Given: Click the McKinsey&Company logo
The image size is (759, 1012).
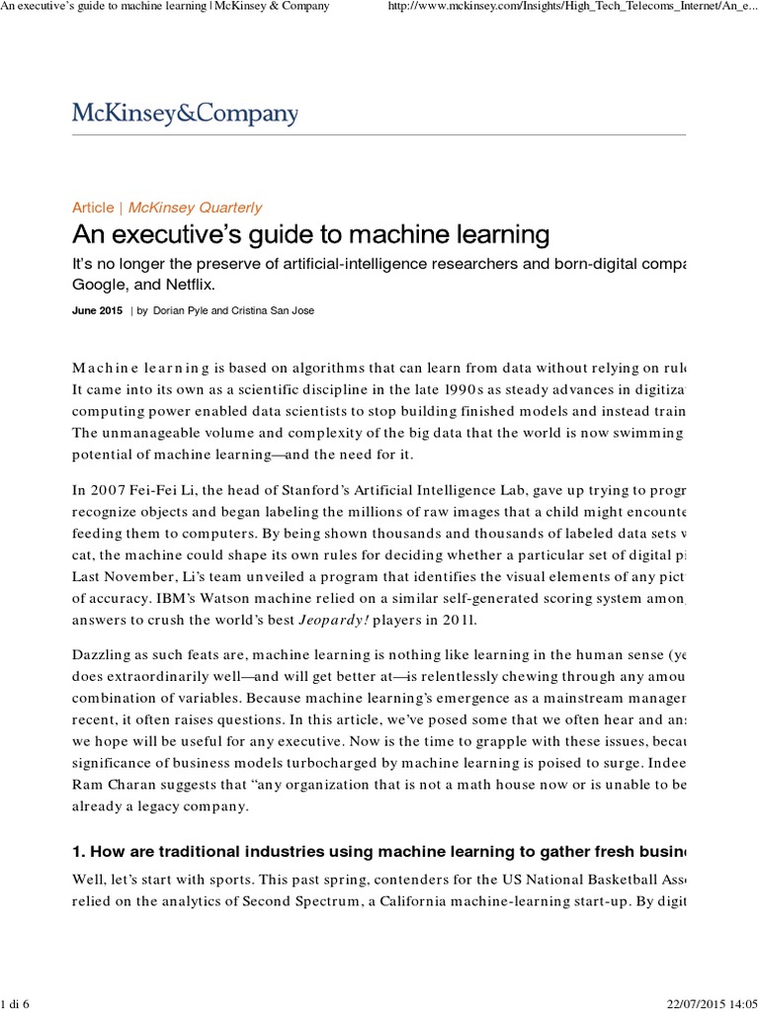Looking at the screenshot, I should pos(185,114).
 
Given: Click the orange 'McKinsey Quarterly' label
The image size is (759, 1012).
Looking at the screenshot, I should pos(196,208).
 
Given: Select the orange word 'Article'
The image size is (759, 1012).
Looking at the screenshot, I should pos(93,208).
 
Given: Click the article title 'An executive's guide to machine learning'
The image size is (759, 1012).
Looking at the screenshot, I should pos(310,235).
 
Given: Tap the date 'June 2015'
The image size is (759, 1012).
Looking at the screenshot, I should pos(97,310).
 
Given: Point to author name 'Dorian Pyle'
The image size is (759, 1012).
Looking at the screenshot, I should pos(184,310).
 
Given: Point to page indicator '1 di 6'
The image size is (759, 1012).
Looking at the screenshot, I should pos(17,1003).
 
